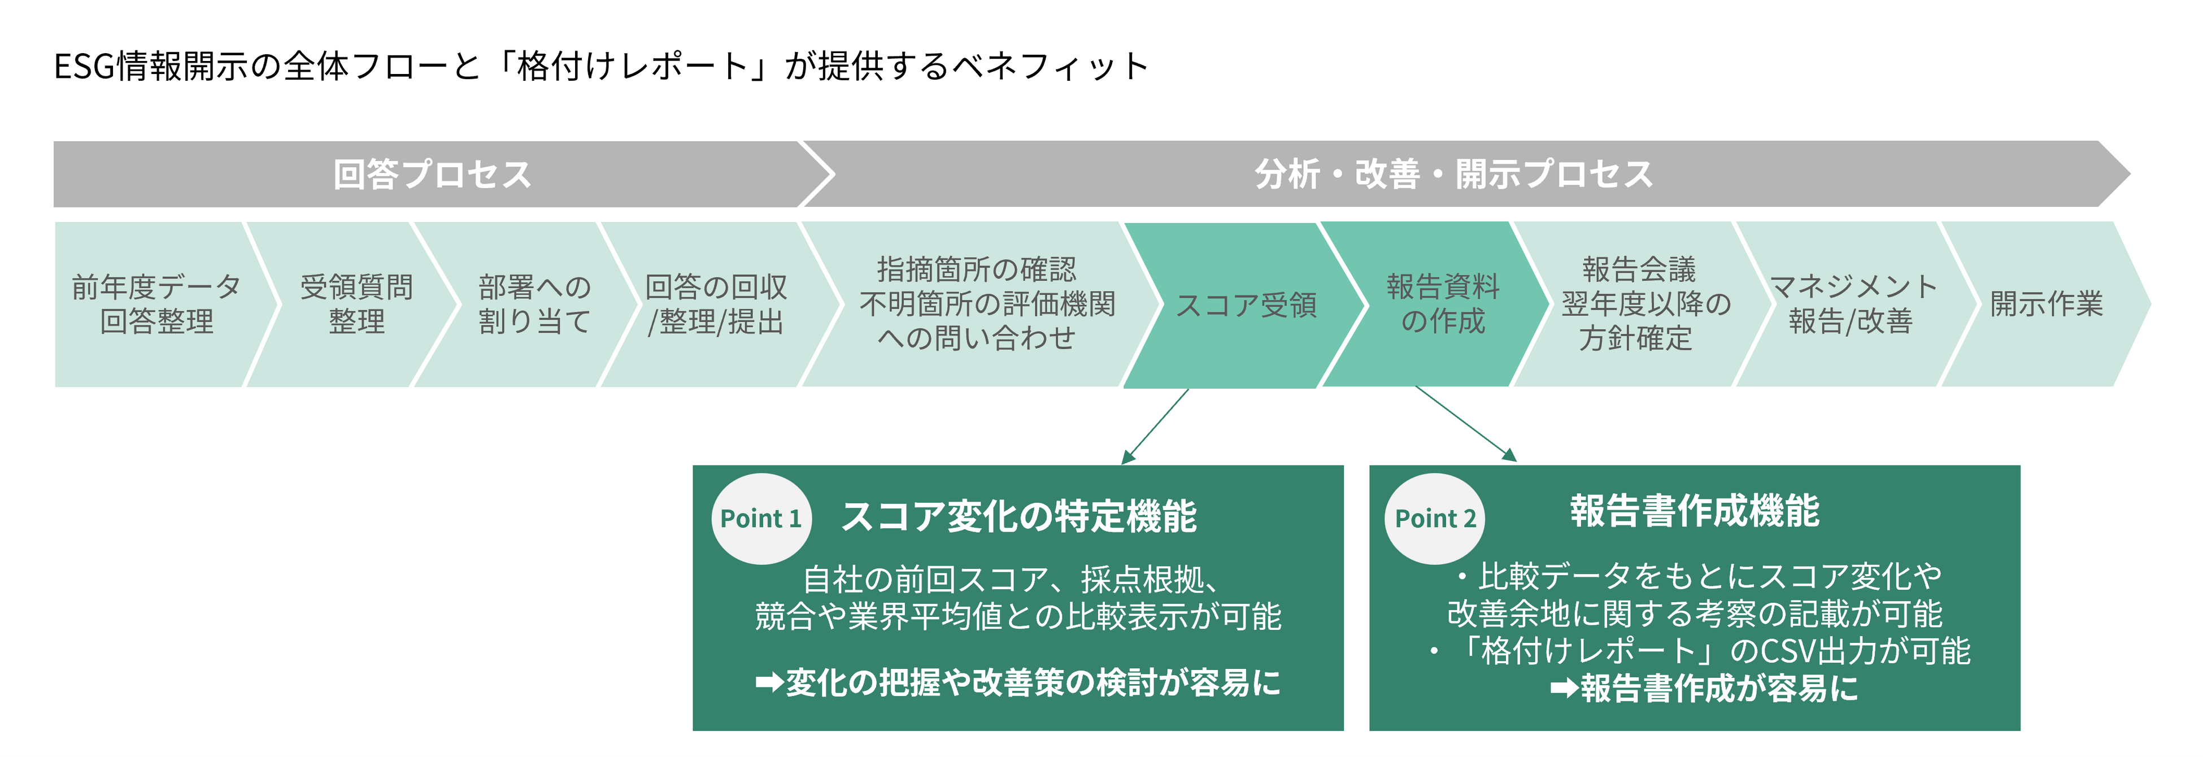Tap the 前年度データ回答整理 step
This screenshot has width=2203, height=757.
click(156, 304)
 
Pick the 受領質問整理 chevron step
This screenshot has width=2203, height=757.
click(356, 304)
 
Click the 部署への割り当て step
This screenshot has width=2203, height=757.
click(534, 304)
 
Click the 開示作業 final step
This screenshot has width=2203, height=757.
click(2045, 304)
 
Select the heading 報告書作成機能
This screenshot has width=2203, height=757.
click(1694, 511)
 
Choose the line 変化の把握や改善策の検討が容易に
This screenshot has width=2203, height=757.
click(1018, 682)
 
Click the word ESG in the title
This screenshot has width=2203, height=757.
click(84, 67)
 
